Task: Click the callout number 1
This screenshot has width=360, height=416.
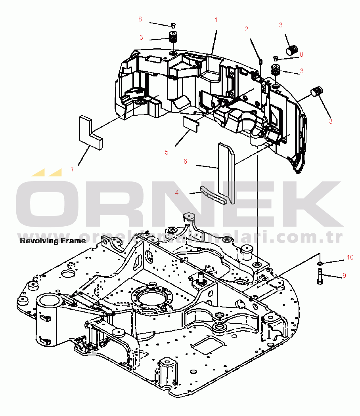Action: pyautogui.click(x=216, y=19)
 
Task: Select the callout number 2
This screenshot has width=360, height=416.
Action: pyautogui.click(x=246, y=29)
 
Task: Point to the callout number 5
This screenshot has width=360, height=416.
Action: pyautogui.click(x=167, y=152)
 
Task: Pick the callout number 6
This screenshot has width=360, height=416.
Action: pyautogui.click(x=185, y=161)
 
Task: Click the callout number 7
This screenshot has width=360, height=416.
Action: pyautogui.click(x=72, y=170)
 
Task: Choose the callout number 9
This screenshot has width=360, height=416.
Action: pyautogui.click(x=344, y=275)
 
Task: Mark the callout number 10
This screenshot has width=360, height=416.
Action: pyautogui.click(x=350, y=257)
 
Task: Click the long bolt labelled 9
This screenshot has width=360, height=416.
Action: pyautogui.click(x=320, y=276)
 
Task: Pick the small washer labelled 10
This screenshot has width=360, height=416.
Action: pyautogui.click(x=320, y=263)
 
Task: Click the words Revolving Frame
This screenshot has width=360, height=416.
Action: pyautogui.click(x=53, y=240)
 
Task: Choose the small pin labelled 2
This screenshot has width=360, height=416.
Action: pyautogui.click(x=260, y=61)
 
